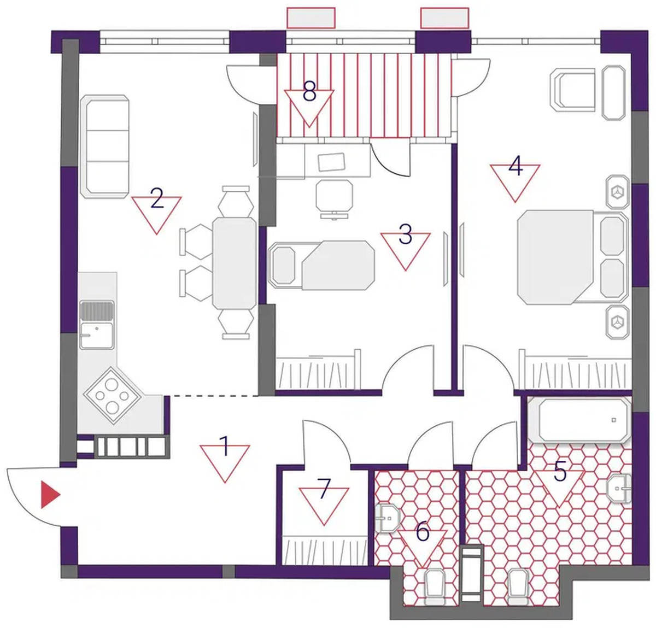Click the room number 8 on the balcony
coord(309,91)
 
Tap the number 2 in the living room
coord(157,198)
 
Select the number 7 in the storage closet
coord(324,489)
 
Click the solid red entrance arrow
coord(50,495)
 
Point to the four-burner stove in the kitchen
coord(112,395)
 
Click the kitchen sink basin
coord(97,336)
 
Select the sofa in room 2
coord(104,146)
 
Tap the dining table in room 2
coord(235,263)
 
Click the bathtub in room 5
coord(579,420)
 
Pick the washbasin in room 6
coord(388,518)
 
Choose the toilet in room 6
coord(435,587)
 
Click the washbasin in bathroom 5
coord(619,489)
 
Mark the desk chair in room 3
coord(335,199)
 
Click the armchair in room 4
coord(572,90)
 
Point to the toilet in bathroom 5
coord(518,587)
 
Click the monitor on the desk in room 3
coord(332,162)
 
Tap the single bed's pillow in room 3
coord(283,265)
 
